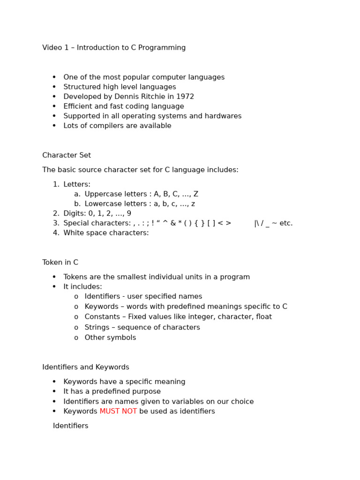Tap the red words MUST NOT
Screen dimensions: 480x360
pyautogui.click(x=118, y=411)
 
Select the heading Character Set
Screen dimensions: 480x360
pyautogui.click(x=67, y=155)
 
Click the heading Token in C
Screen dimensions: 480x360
pyautogui.click(x=60, y=262)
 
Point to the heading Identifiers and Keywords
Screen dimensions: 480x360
pyautogui.click(x=86, y=367)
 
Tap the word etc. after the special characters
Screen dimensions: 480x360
pyautogui.click(x=286, y=223)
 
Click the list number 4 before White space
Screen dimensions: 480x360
pyautogui.click(x=55, y=233)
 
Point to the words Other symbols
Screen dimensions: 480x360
pyautogui.click(x=110, y=337)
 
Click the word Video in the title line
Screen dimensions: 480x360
pyautogui.click(x=52, y=48)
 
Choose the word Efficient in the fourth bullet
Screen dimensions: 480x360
pyautogui.click(x=79, y=106)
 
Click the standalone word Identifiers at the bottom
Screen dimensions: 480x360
pyautogui.click(x=70, y=426)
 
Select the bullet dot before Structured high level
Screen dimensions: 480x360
pyautogui.click(x=54, y=87)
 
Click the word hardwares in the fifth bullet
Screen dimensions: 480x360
pyautogui.click(x=224, y=116)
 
